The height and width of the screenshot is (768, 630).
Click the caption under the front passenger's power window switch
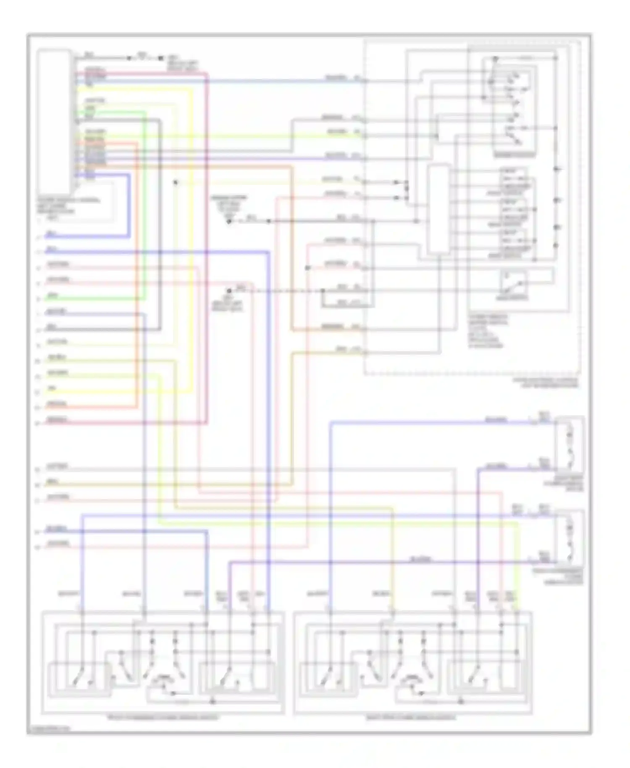click(x=163, y=718)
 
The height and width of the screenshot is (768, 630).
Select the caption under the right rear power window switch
click(x=410, y=718)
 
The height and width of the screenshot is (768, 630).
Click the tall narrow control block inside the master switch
click(x=438, y=209)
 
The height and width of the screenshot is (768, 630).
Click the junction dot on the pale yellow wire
click(x=176, y=182)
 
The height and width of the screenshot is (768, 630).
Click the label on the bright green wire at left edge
click(x=52, y=296)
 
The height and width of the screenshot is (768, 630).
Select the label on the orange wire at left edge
click(x=57, y=404)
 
